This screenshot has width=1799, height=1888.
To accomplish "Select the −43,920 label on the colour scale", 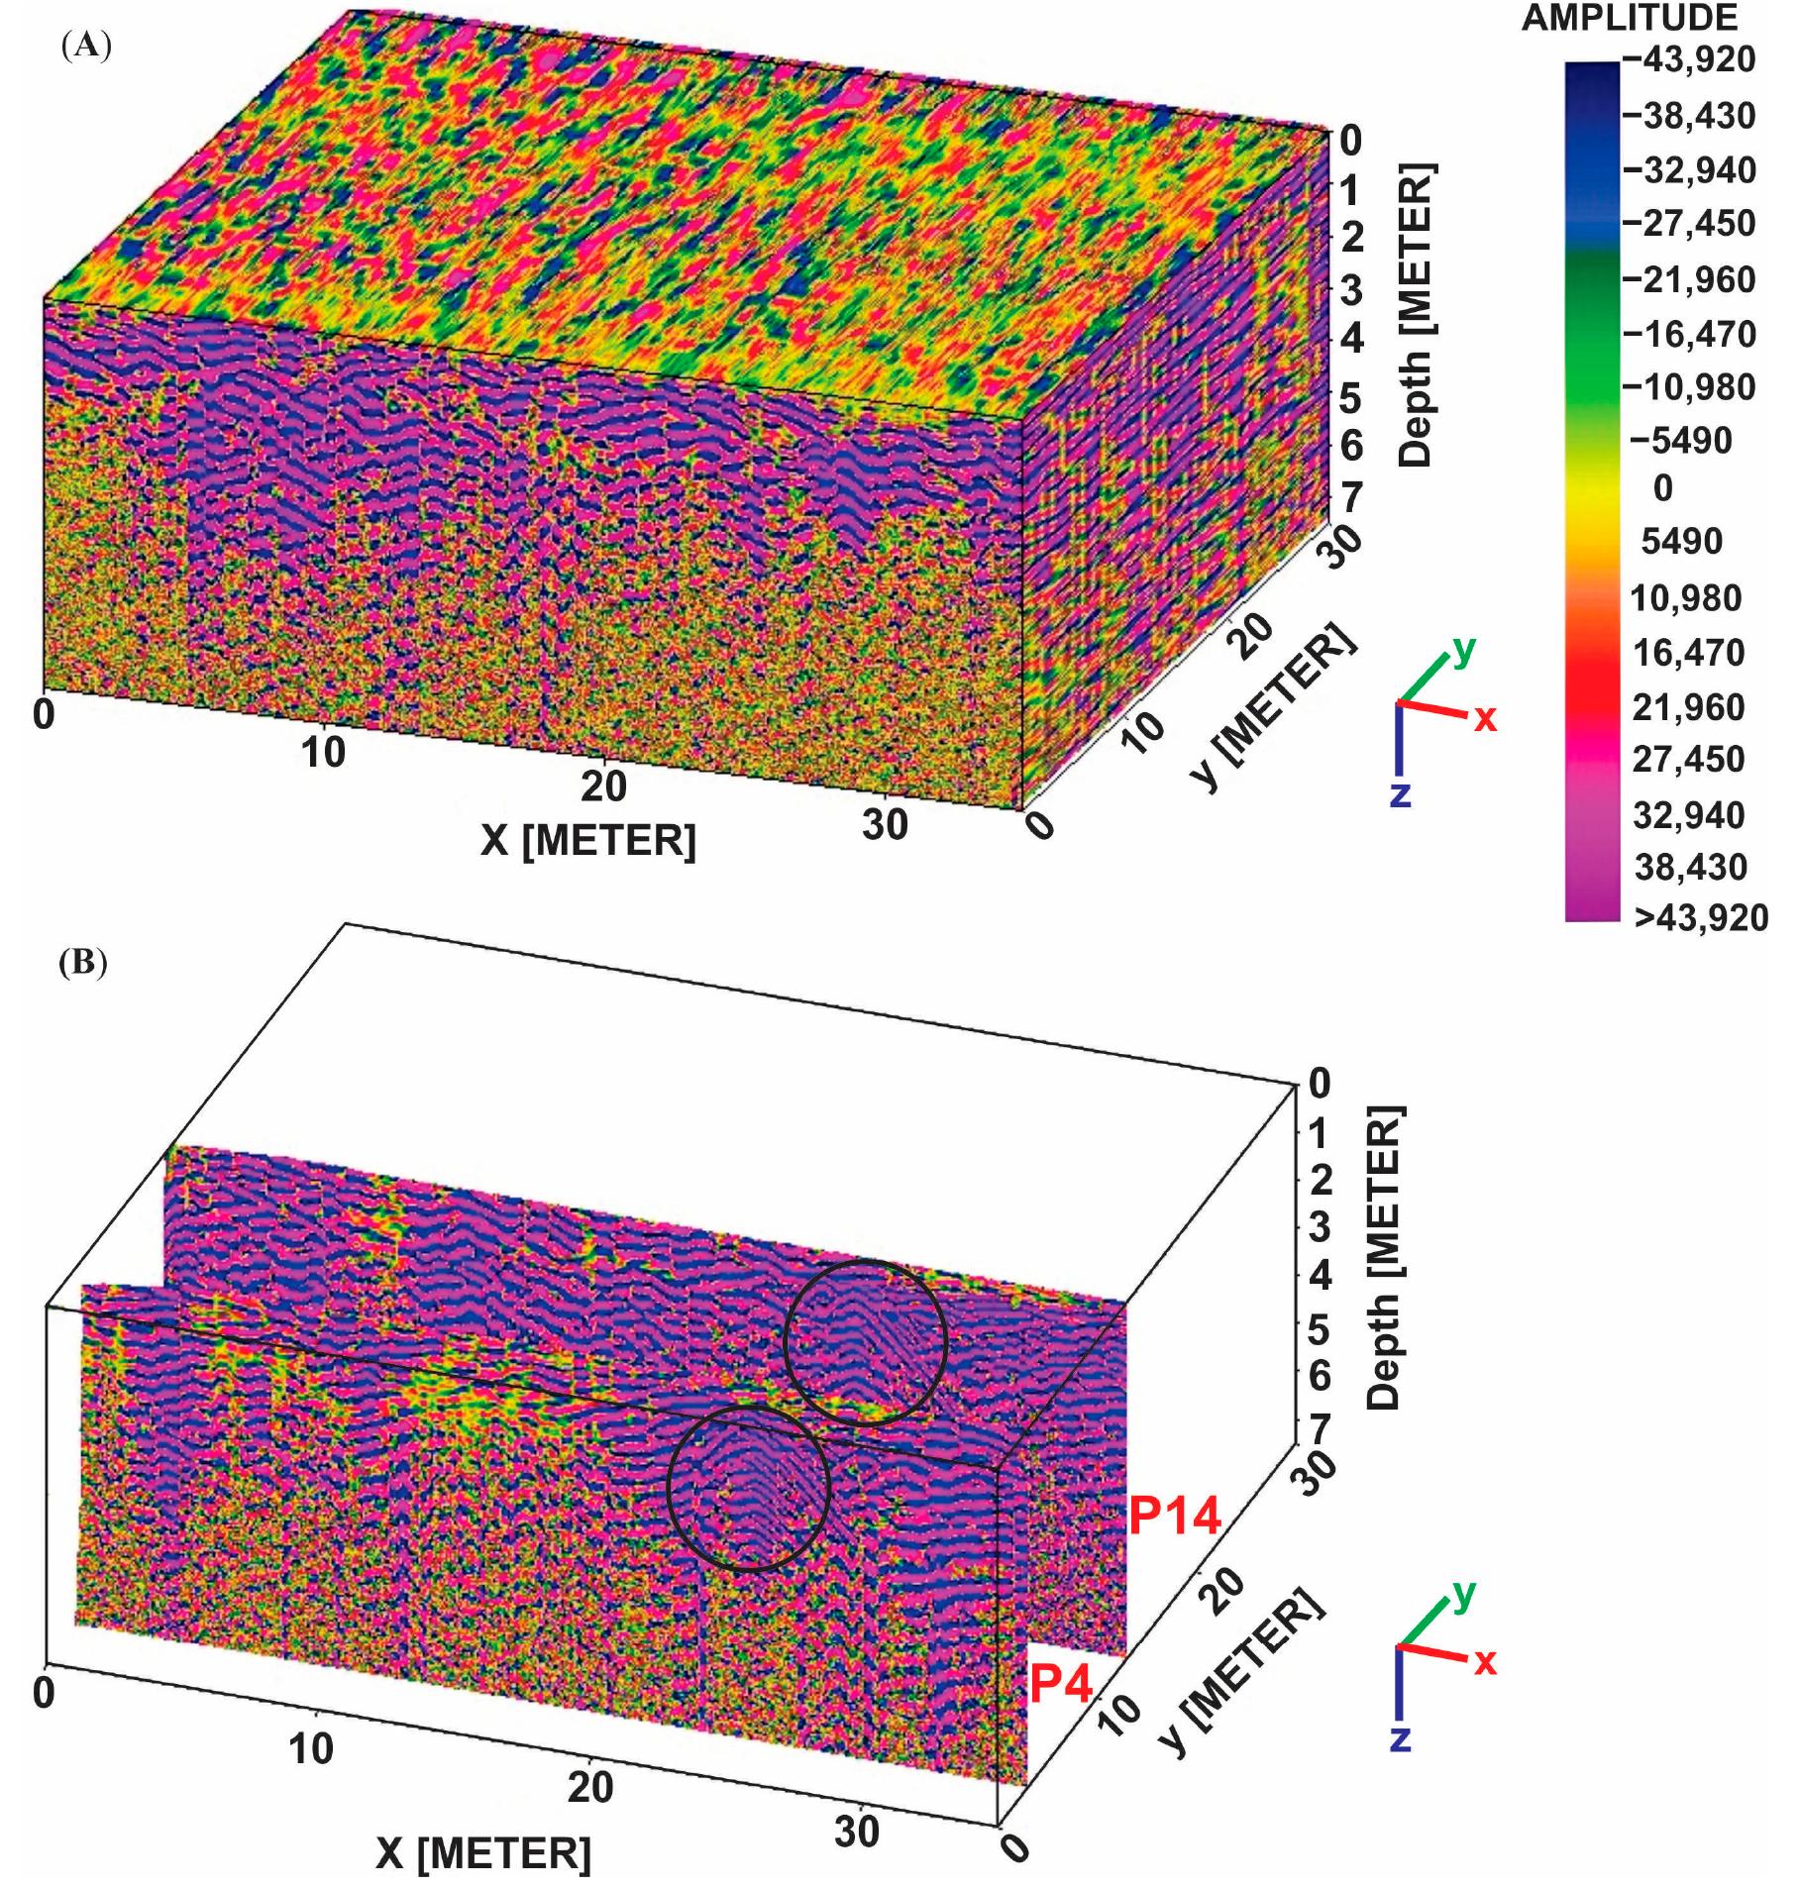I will point(1687,61).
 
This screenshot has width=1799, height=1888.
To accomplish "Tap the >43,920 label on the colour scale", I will point(1700,918).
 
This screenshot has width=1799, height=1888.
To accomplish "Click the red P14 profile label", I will point(1175,1517).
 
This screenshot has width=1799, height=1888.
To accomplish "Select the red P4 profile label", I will point(1061,1683).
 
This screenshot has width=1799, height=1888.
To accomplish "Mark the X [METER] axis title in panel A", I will point(588,842).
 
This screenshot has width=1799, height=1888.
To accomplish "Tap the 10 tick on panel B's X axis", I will point(311,1750).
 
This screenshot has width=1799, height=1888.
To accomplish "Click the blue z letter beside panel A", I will point(1400,794).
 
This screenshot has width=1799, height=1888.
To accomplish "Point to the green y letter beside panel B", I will point(1462,1595).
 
